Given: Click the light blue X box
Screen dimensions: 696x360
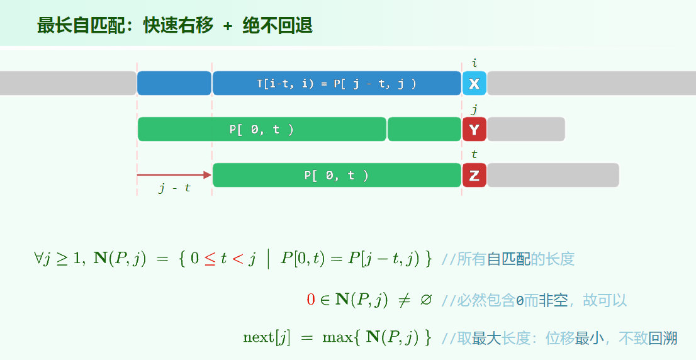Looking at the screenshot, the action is [x=474, y=84].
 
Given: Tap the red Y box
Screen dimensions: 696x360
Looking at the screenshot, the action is [x=474, y=129].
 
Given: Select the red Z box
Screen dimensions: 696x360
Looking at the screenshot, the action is [x=474, y=175].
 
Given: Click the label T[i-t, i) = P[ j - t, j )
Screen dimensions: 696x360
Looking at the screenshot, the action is [x=337, y=84].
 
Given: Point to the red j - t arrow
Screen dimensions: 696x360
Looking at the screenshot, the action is [x=174, y=175].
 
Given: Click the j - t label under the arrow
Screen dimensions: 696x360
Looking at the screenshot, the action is [x=174, y=188].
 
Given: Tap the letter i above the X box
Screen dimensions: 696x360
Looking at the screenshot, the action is [x=474, y=62].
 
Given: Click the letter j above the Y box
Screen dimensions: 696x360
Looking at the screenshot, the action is [x=474, y=109].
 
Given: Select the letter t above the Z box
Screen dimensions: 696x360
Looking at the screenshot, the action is [x=474, y=154].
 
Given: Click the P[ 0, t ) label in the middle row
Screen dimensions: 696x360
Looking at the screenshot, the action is [x=261, y=130].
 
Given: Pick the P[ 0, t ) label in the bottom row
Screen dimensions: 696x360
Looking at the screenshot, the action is [x=337, y=176].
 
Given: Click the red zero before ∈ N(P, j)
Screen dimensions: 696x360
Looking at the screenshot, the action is [x=311, y=300].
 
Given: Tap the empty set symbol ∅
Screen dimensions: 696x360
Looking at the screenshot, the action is [x=425, y=300].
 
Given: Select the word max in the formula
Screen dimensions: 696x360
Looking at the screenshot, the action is [x=337, y=338].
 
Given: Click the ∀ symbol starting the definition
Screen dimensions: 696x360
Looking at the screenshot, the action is [x=38, y=258].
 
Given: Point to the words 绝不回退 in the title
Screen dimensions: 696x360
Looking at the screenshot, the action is [x=278, y=25].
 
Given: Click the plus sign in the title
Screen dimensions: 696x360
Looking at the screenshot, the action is [x=228, y=26].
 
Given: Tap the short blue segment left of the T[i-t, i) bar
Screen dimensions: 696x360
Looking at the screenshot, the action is [x=174, y=84].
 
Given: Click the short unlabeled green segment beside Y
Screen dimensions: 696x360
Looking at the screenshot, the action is [x=424, y=129].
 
